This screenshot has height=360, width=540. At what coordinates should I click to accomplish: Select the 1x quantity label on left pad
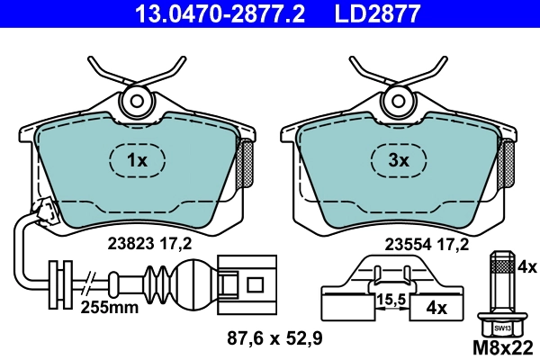(x=136, y=161)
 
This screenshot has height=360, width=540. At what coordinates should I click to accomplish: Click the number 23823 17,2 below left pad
(x=149, y=241)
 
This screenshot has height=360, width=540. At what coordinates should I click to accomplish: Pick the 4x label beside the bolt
(x=527, y=267)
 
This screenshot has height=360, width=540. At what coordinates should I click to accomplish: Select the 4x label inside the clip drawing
(x=436, y=307)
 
